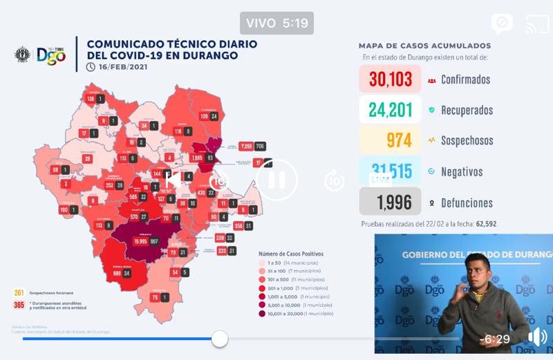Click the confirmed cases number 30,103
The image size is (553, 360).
coord(391,79)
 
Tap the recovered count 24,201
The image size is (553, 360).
coord(391,110)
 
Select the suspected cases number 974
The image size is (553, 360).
coord(398,140)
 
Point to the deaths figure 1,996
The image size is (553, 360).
coord(394,202)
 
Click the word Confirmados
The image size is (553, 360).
coord(465,79)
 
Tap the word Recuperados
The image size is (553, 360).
coord(467,110)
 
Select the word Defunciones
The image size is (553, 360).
coord(467,203)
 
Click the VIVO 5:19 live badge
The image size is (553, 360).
coord(276,23)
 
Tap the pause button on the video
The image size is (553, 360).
coord(276,180)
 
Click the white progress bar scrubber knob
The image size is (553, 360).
coord(220,339)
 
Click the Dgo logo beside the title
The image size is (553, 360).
coord(51,55)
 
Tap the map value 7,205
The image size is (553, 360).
coord(246,146)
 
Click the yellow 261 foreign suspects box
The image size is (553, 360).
coord(19,293)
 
